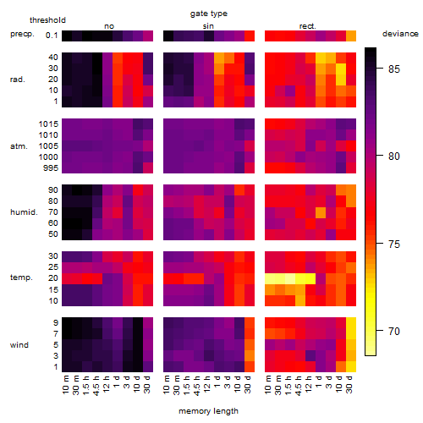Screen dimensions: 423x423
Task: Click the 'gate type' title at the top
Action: click(x=209, y=14)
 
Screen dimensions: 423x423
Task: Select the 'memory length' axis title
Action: click(x=208, y=411)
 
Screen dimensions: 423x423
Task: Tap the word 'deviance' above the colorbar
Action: click(x=400, y=34)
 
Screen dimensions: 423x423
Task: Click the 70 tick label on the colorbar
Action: click(x=394, y=331)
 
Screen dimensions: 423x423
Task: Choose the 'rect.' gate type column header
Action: click(x=308, y=26)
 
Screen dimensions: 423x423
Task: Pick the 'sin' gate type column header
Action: click(x=208, y=26)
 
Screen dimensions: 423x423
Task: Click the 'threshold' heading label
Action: click(x=47, y=20)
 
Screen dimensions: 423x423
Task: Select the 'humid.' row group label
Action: click(x=24, y=212)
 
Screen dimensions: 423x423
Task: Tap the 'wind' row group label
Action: click(x=19, y=345)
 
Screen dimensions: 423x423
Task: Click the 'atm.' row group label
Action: click(x=19, y=146)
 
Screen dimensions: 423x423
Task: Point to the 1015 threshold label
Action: click(x=48, y=124)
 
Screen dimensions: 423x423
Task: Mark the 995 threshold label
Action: click(x=51, y=168)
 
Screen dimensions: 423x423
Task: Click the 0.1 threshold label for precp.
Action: click(x=52, y=36)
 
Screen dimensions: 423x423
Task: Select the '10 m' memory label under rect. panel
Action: click(x=268, y=384)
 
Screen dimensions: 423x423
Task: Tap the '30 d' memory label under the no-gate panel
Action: click(x=146, y=384)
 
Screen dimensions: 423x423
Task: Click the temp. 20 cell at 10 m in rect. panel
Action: click(x=270, y=279)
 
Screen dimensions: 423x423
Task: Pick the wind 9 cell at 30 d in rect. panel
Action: click(x=351, y=322)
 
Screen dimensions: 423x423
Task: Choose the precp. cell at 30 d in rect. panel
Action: click(x=351, y=36)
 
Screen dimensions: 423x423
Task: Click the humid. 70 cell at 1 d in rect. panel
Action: click(x=321, y=212)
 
